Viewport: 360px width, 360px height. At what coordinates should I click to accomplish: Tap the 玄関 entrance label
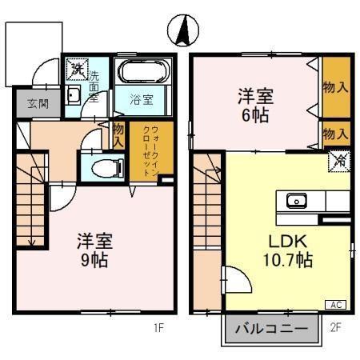click(x=33, y=103)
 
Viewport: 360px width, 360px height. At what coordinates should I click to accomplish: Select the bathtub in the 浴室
click(x=143, y=73)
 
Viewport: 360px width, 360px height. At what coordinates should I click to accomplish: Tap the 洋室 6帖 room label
click(x=255, y=104)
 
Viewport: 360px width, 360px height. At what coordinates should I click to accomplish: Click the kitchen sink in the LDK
click(x=296, y=200)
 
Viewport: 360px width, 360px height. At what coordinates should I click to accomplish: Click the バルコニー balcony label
click(x=271, y=329)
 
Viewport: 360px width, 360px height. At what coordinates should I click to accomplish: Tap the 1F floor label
click(x=158, y=326)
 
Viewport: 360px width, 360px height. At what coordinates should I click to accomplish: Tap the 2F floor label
click(x=335, y=326)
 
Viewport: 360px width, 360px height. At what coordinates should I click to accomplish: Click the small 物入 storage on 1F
click(x=118, y=134)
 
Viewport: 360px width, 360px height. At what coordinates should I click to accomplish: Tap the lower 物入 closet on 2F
click(x=336, y=132)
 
